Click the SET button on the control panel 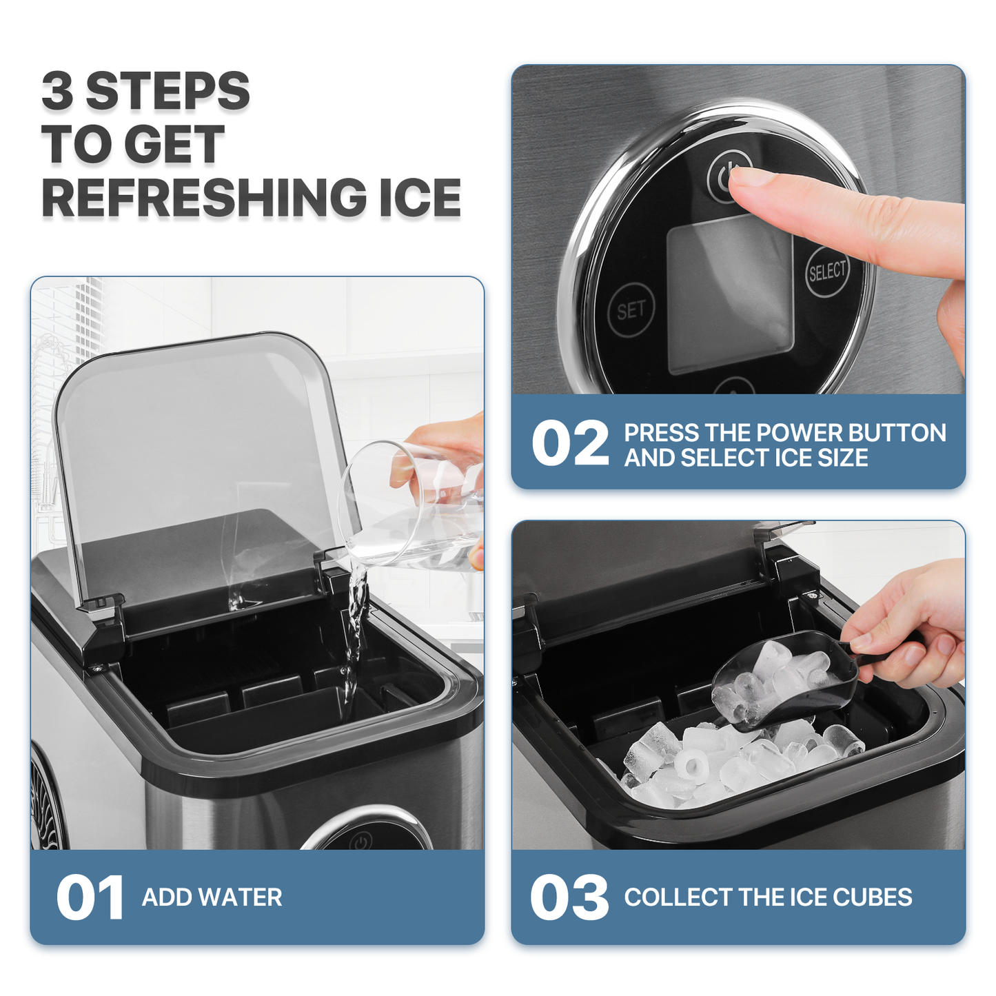click(x=630, y=311)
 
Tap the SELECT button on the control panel click(x=826, y=272)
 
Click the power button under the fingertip click(x=726, y=177)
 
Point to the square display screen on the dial click(x=730, y=293)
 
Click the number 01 click(x=90, y=898)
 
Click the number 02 click(x=570, y=444)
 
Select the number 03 click(x=569, y=898)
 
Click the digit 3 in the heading click(x=57, y=91)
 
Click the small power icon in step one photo click(x=360, y=842)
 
